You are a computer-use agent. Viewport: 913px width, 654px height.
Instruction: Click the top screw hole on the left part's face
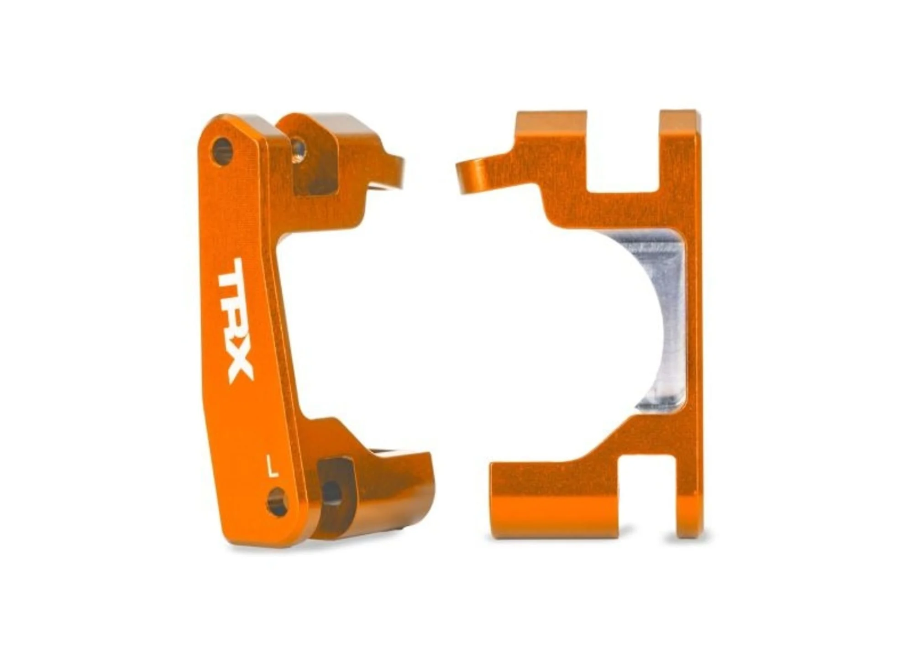click(x=222, y=151)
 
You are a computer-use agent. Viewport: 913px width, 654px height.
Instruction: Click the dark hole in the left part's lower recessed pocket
click(x=332, y=493)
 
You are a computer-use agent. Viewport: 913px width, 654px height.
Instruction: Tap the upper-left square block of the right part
click(x=551, y=137)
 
